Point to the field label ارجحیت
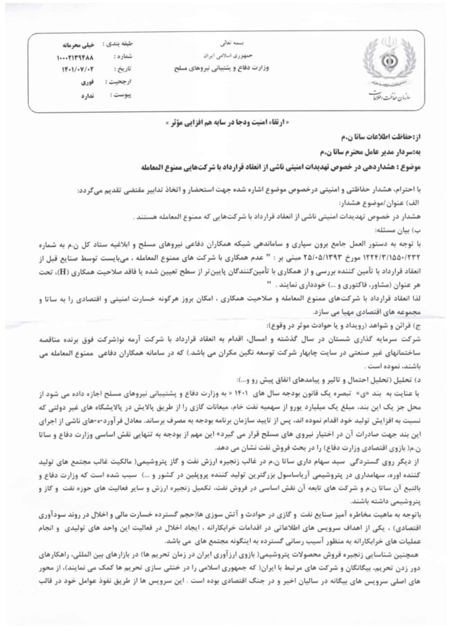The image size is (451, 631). click(x=123, y=84)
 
